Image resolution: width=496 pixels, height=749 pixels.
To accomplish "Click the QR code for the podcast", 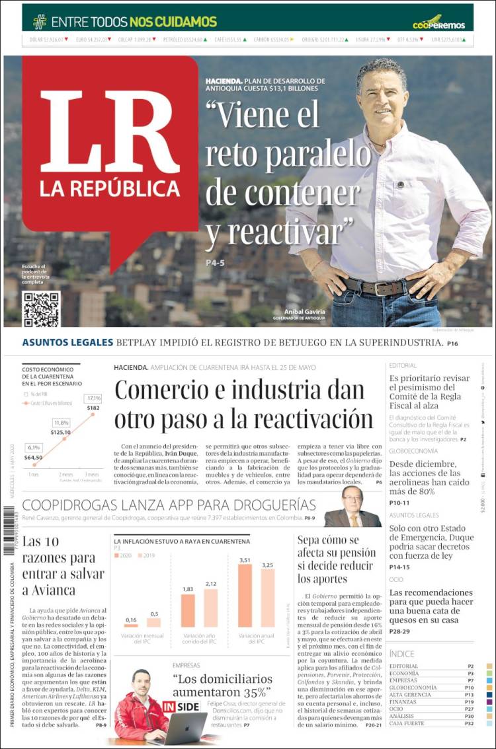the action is point(41,308).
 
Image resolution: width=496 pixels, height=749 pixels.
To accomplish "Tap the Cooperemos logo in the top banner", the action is point(438,22).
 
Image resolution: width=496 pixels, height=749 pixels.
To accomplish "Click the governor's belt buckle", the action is point(383,289).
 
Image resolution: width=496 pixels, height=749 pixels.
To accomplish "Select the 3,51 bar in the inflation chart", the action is point(245,594).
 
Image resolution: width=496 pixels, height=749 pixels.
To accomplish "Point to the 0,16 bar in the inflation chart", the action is point(131,624).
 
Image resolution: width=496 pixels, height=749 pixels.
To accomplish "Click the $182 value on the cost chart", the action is point(93,408).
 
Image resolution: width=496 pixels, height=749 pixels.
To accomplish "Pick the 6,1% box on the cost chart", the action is point(34,447).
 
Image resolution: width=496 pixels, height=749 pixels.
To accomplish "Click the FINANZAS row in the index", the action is point(404,701).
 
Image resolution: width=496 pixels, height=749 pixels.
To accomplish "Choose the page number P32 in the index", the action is point(469,723).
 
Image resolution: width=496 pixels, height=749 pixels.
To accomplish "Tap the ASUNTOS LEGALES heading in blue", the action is point(67,343).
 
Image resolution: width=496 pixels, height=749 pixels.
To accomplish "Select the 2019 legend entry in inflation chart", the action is point(148,555).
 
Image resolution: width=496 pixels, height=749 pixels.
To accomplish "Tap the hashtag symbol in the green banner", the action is point(40,21).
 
